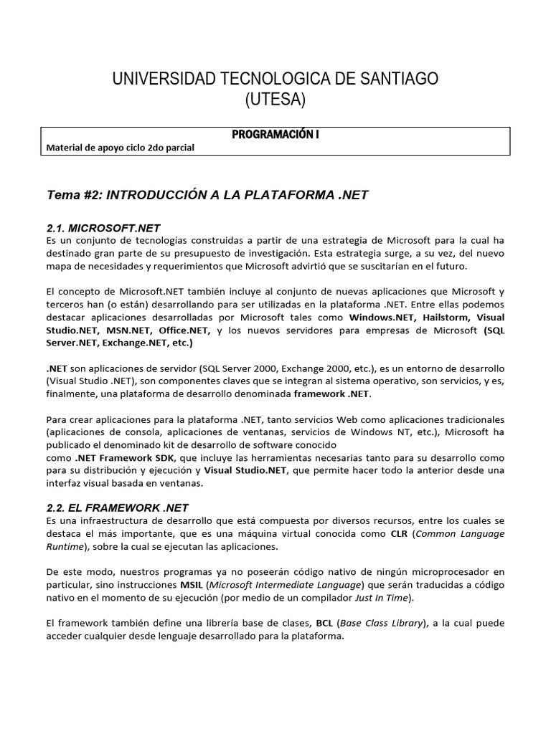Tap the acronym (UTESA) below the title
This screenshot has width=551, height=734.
point(275,100)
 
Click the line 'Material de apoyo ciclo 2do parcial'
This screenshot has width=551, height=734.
point(120,148)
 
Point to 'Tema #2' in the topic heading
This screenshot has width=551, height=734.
point(70,194)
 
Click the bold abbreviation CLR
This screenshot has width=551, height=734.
point(399,533)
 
